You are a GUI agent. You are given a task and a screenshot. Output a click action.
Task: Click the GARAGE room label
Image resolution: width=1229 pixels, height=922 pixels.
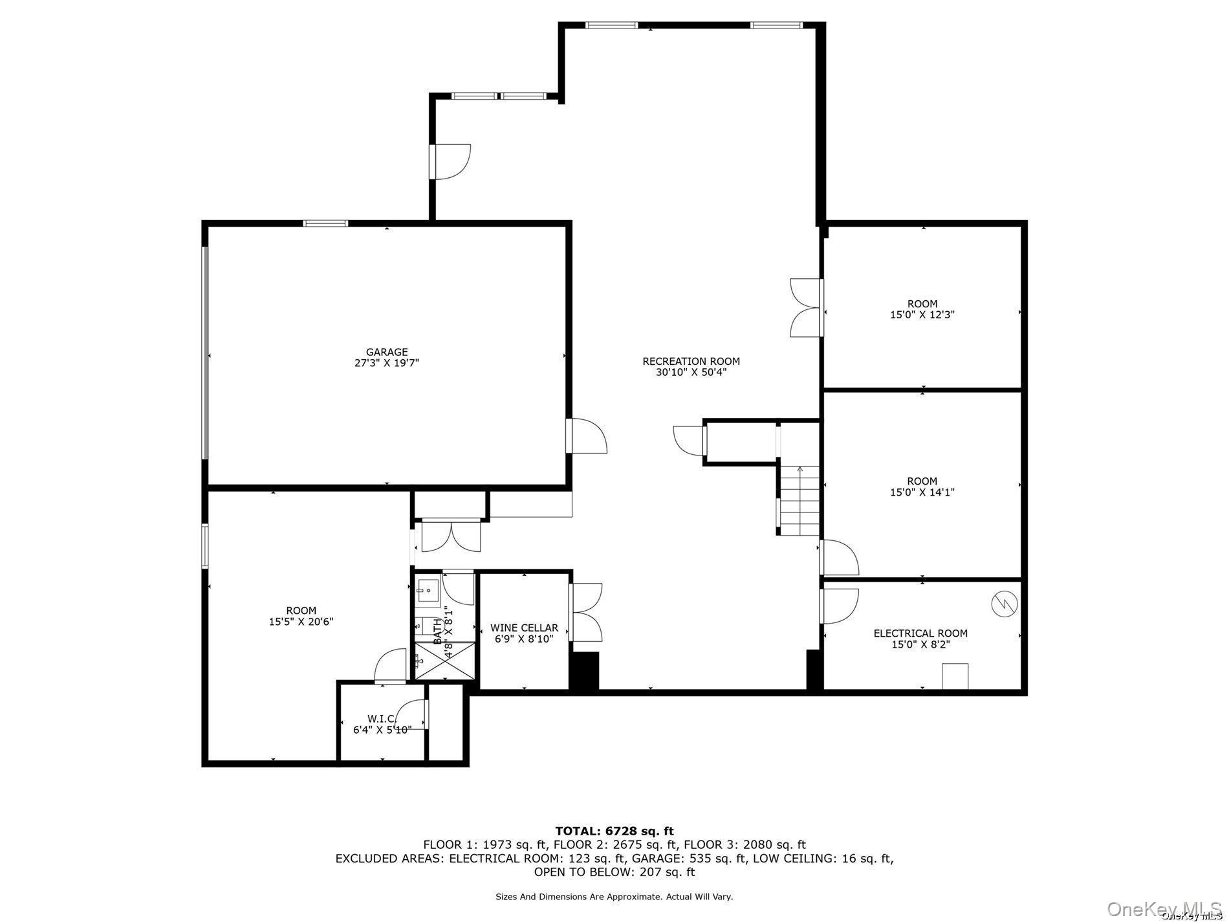pos(387,352)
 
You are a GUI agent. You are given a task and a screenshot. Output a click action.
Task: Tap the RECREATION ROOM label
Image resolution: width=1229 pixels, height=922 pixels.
pos(691,361)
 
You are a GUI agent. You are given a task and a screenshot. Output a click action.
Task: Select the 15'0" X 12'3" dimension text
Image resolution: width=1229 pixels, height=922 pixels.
pos(922,314)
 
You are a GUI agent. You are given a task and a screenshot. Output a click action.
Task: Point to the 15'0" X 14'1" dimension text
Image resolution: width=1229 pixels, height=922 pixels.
pos(922,492)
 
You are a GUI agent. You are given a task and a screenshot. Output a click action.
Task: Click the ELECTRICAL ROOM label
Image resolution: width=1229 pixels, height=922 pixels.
pos(920,633)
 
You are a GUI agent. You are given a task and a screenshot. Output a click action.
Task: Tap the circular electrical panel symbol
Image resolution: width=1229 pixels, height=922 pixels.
pos(1004,604)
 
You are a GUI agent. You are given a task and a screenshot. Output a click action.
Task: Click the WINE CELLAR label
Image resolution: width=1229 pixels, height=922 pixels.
pos(524,628)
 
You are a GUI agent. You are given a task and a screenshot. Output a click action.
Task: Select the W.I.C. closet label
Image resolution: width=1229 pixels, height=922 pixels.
pos(382,718)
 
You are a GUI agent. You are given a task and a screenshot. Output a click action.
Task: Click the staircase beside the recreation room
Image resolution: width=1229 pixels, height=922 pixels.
pos(800,501)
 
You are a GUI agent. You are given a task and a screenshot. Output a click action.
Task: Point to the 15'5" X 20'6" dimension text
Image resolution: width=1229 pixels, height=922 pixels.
pos(301,621)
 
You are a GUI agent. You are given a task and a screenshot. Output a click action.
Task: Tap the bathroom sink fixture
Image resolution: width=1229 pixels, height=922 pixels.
pos(428,590)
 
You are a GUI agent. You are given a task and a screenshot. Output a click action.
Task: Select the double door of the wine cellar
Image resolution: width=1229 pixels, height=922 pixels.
pos(586,612)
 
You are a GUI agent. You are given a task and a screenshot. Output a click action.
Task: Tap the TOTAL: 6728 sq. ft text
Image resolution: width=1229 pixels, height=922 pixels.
pos(614,831)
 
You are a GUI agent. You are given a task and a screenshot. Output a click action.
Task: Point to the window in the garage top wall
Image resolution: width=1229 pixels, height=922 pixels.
pos(326,224)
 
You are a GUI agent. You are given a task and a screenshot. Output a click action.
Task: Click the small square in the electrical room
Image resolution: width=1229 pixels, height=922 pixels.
pos(955,676)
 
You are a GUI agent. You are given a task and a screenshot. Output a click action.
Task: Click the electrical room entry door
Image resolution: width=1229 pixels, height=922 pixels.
pos(840,606)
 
